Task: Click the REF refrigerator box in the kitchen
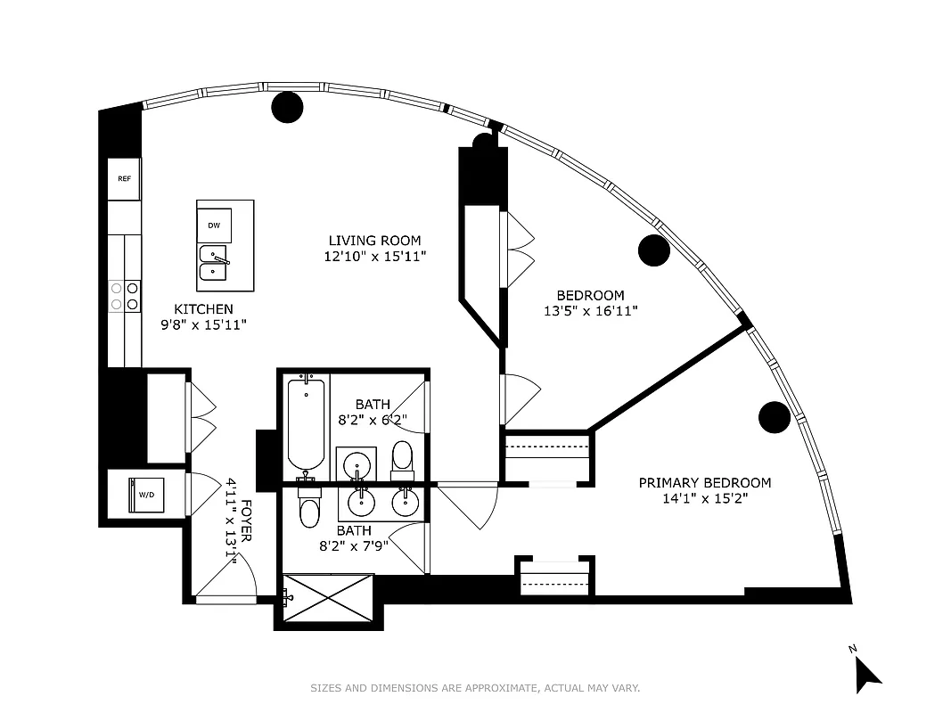tap(124, 179)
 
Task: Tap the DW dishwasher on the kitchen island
tap(214, 225)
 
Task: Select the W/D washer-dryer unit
tap(144, 494)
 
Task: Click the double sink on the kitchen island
tap(213, 264)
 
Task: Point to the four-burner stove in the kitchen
tap(124, 295)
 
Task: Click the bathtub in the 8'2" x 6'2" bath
tap(306, 426)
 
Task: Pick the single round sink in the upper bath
tap(359, 464)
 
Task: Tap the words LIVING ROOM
tap(374, 241)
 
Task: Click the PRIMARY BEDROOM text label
tap(704, 483)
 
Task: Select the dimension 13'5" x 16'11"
tap(590, 311)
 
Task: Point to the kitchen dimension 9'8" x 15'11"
tap(203, 325)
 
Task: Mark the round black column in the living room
tap(287, 107)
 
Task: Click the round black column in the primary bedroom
tap(775, 416)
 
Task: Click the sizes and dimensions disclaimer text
tap(475, 688)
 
